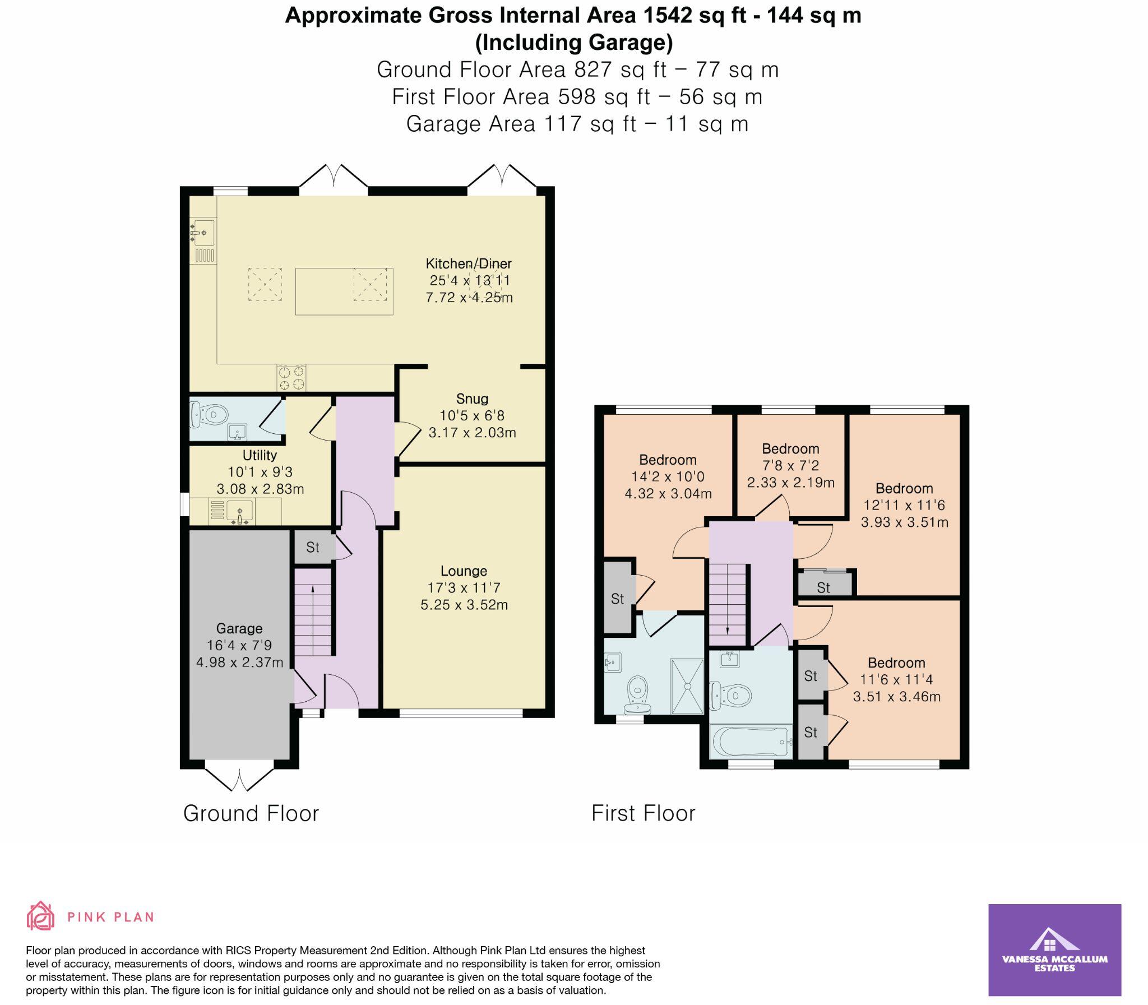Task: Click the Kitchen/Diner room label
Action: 468,263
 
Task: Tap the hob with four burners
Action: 291,377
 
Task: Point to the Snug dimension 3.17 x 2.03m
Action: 472,432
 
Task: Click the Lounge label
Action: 464,571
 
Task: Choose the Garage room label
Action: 239,628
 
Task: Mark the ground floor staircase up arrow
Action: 312,589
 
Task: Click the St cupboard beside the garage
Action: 313,547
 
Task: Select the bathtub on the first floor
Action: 751,742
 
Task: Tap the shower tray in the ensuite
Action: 687,686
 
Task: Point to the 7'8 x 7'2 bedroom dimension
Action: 791,465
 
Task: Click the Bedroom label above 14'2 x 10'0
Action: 668,460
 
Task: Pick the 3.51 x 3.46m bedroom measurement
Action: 897,697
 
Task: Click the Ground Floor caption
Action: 251,813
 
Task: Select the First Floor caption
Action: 644,813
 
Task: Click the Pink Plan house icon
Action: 40,916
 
